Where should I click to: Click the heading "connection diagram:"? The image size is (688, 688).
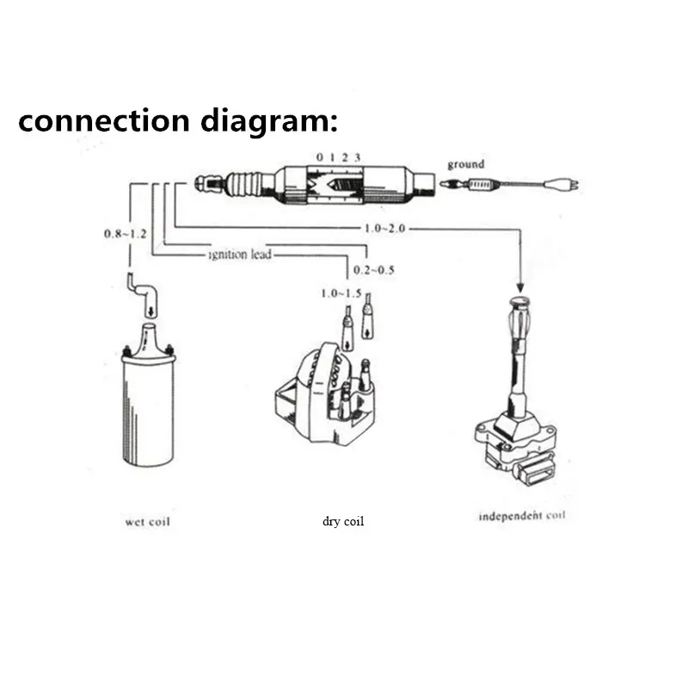[x=178, y=121]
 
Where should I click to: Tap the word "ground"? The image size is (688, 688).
[x=465, y=164]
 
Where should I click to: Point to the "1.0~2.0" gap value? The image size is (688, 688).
[x=384, y=228]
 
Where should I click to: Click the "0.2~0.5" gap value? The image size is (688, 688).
[x=374, y=270]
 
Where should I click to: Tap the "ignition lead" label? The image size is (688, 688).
[x=241, y=255]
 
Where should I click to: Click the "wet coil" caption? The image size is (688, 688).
[x=147, y=521]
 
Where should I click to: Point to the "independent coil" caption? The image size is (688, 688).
[x=522, y=517]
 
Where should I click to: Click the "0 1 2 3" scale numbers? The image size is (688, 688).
[x=338, y=157]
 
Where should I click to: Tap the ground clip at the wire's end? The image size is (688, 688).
[x=566, y=183]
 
